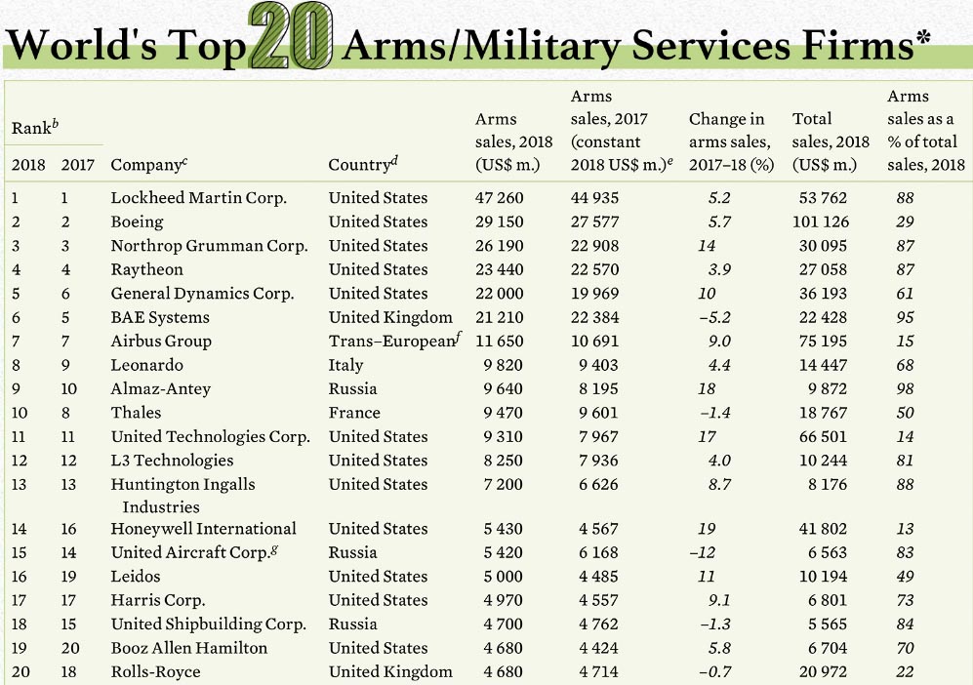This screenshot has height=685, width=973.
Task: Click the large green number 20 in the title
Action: coord(291,38)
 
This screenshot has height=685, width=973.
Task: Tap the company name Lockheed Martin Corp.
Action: coord(198,198)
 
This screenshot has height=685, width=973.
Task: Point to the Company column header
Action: coord(146,165)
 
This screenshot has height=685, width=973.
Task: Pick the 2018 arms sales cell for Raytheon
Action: coord(499,269)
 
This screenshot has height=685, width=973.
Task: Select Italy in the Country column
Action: coord(345,365)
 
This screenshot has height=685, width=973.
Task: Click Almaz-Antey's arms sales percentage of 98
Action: coord(905,388)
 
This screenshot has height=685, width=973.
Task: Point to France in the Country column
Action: coord(353,413)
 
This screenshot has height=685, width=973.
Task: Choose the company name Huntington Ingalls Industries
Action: coord(182,495)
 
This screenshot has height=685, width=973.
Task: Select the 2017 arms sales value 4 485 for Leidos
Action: coord(594,577)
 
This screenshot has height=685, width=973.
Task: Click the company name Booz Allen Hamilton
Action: coord(188,648)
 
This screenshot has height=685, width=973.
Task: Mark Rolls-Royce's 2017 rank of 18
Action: coord(71,671)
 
